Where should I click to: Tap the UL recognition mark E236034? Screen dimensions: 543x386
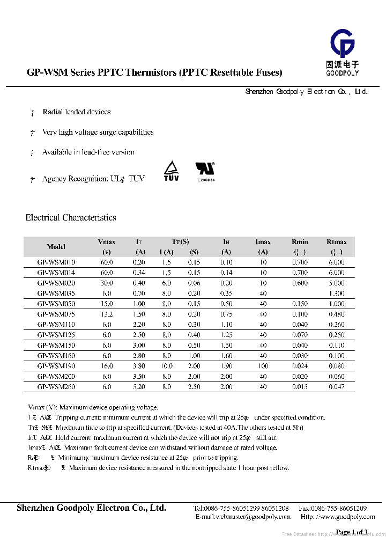coord(205,172)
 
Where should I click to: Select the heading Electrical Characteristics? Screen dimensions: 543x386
coord(71,217)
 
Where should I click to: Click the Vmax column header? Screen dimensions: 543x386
coord(107,242)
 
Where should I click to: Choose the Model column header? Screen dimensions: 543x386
coord(56,247)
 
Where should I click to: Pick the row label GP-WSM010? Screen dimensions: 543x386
coord(56,262)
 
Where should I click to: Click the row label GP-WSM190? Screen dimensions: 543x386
coord(56,366)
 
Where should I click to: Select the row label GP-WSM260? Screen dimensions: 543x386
coord(56,387)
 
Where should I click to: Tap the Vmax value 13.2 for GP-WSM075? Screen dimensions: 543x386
coord(107,314)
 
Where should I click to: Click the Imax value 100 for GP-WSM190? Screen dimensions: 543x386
coord(263,366)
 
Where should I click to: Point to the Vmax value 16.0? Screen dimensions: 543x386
coord(107,366)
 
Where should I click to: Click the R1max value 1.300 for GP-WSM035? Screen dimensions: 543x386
coord(337,293)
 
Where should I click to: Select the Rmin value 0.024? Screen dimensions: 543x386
coord(300,366)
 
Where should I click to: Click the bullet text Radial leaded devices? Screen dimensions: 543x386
coord(77,112)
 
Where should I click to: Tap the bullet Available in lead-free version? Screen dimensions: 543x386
coord(88,152)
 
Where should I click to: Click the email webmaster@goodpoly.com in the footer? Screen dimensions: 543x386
coord(243,517)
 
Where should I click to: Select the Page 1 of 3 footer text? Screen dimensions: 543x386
coord(351,532)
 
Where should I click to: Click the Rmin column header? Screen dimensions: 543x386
coord(300,242)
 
